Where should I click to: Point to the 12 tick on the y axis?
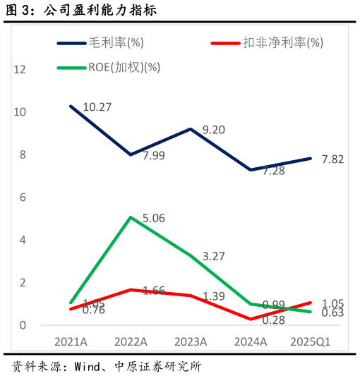point(20,69)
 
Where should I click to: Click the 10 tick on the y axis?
point(20,112)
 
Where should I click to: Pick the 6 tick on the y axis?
point(23,198)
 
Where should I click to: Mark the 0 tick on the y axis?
point(23,325)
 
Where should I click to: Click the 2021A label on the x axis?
point(71,341)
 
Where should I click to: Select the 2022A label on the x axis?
point(131,341)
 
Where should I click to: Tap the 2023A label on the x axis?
point(191,341)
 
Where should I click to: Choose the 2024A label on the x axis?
point(251,341)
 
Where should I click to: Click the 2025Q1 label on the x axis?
point(311,341)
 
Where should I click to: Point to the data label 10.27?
point(97,107)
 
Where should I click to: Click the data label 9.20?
point(213,130)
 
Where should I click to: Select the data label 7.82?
point(332,159)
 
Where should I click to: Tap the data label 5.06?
point(153,219)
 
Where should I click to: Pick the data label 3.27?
point(213,257)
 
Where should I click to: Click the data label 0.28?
point(272,320)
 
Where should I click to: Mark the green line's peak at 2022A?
point(131,217)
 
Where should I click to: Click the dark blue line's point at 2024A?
point(251,170)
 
